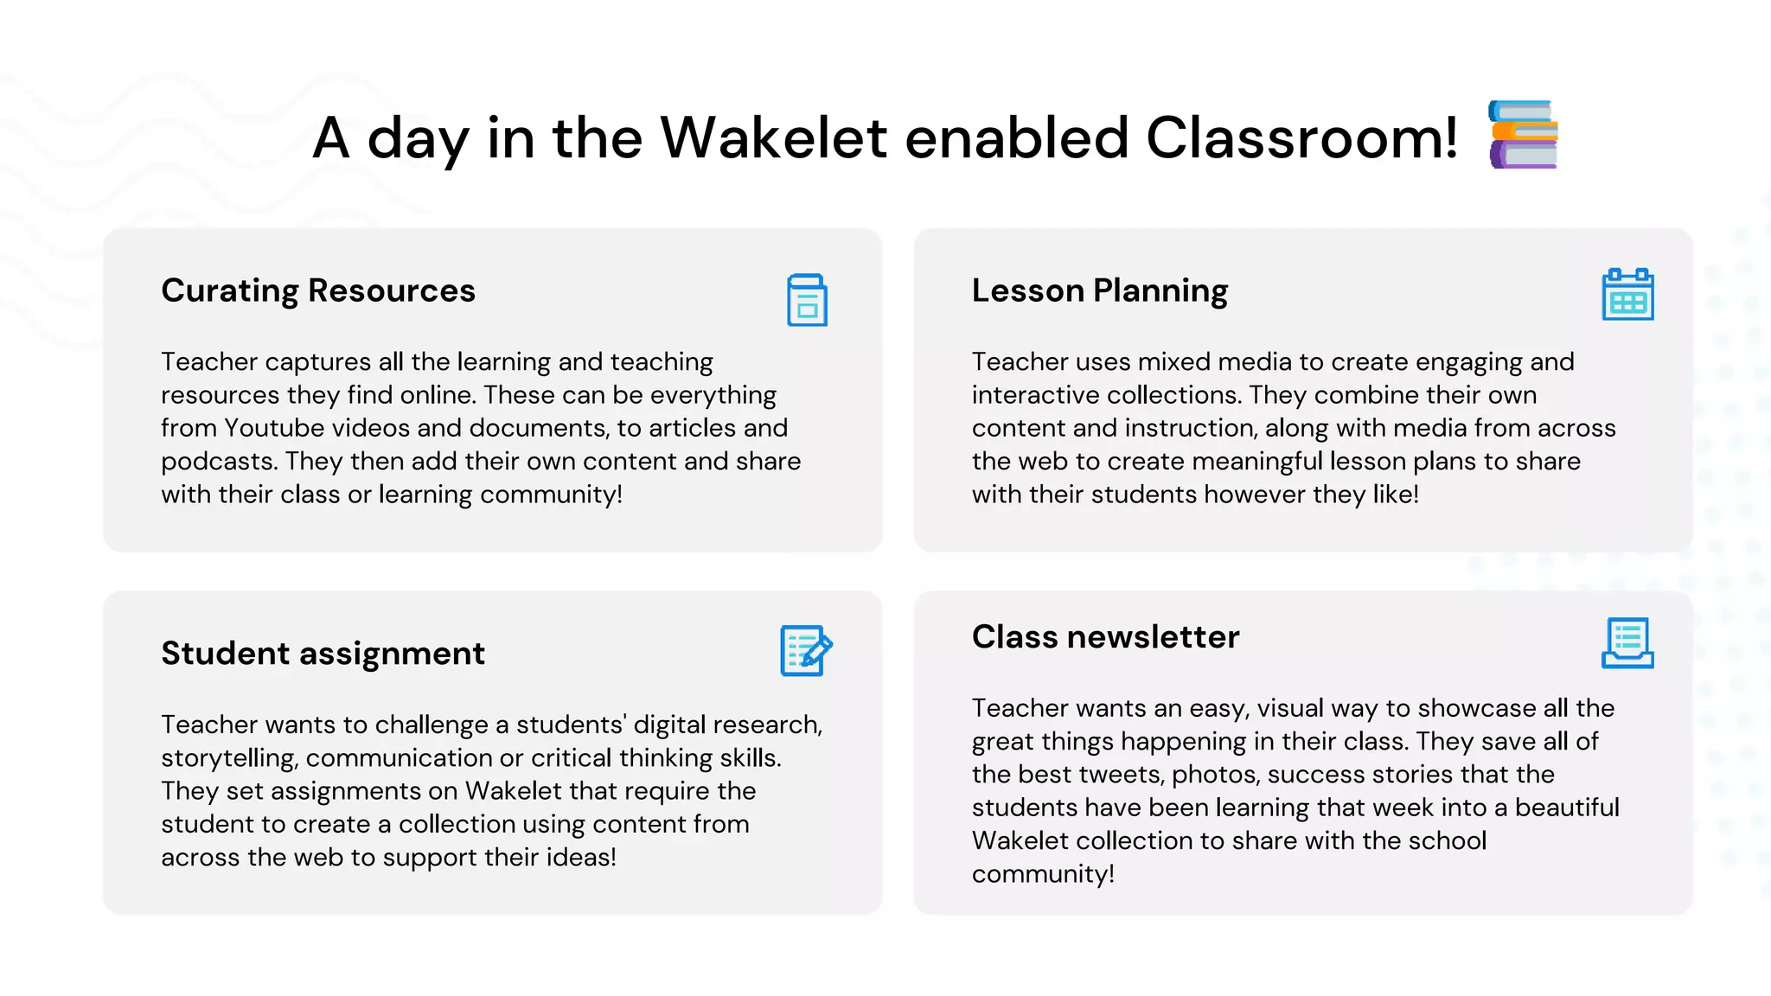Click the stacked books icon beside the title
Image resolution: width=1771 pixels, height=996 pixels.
point(1523,135)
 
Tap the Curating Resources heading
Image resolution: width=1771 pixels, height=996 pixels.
point(317,290)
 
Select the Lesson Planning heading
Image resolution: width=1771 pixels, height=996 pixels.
point(1099,290)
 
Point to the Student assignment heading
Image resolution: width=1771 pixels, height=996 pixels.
point(323,654)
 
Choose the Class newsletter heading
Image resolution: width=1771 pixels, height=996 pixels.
point(1105,637)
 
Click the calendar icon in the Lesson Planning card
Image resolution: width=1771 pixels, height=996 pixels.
point(1627,295)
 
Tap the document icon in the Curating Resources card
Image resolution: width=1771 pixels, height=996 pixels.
point(807,300)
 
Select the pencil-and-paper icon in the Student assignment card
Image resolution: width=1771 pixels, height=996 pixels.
point(806,650)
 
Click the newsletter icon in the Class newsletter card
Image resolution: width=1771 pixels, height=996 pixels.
point(1627,642)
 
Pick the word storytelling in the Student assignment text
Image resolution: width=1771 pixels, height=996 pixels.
point(229,758)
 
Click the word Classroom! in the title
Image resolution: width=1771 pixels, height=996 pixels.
point(1302,137)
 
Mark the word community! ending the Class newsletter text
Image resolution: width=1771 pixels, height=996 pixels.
point(1043,874)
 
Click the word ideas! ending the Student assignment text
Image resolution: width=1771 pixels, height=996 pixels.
point(580,858)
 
